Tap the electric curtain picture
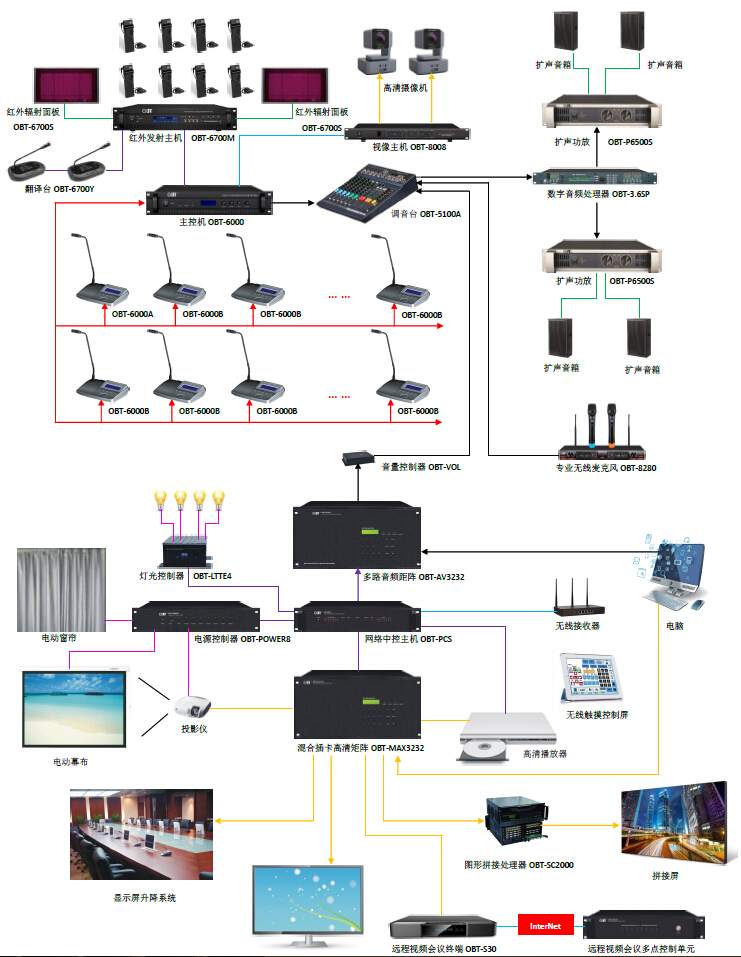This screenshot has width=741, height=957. [61, 589]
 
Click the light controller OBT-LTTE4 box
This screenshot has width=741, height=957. [190, 552]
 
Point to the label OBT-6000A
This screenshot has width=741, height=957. [132, 314]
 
